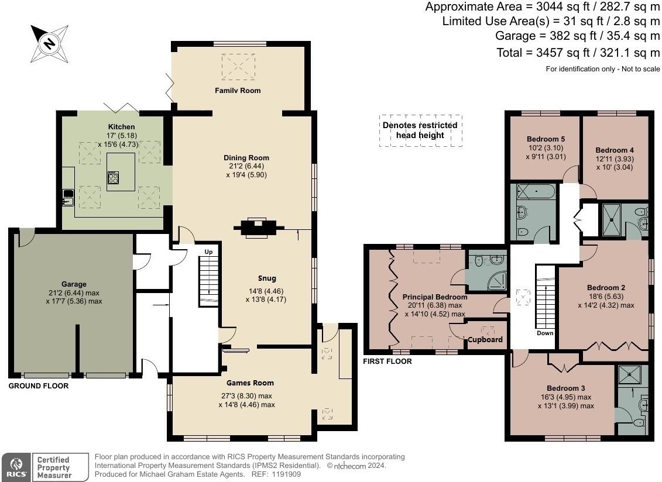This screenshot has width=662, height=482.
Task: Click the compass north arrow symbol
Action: coord(50,43)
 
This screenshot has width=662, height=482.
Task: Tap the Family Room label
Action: coord(238,91)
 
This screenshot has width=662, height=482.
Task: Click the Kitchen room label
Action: coord(121,127)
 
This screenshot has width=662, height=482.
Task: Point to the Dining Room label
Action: coord(246,158)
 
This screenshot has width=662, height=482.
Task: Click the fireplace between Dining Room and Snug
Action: coord(258,228)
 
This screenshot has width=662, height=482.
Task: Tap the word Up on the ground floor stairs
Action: coord(208,252)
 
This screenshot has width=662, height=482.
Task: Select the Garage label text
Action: coord(74,284)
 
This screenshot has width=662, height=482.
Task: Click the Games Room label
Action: coord(250,383)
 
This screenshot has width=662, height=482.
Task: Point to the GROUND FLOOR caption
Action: coord(38,386)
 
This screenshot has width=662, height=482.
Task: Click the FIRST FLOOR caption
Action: coord(387,361)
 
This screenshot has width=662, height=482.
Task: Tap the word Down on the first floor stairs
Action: coord(545,333)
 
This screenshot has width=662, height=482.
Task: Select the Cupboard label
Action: coord(485,339)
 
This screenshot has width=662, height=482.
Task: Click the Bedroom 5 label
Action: coord(546,139)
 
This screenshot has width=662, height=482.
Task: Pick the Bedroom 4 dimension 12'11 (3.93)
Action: coord(615,159)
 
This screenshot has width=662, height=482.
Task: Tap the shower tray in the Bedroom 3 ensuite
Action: coord(632,373)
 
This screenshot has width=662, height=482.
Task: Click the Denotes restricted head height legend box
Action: coord(420,130)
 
